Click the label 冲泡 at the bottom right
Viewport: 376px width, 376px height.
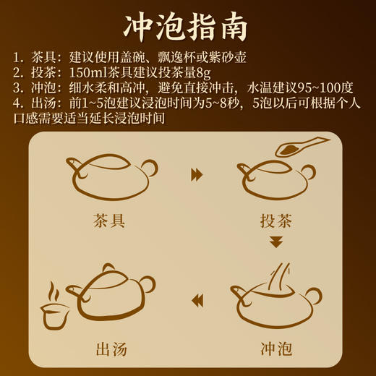tap(275, 350)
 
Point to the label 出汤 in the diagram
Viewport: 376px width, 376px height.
tap(111, 350)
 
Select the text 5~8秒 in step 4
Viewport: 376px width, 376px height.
tap(222, 102)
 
